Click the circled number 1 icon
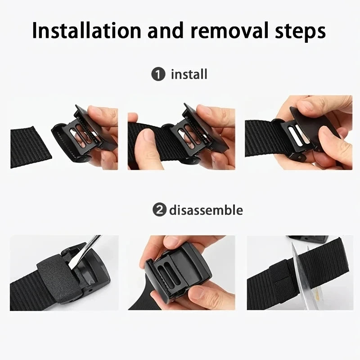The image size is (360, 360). coord(158,74)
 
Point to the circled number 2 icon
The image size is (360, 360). coord(158,210)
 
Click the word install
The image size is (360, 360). coord(189,74)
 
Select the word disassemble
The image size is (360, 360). coord(206,210)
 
